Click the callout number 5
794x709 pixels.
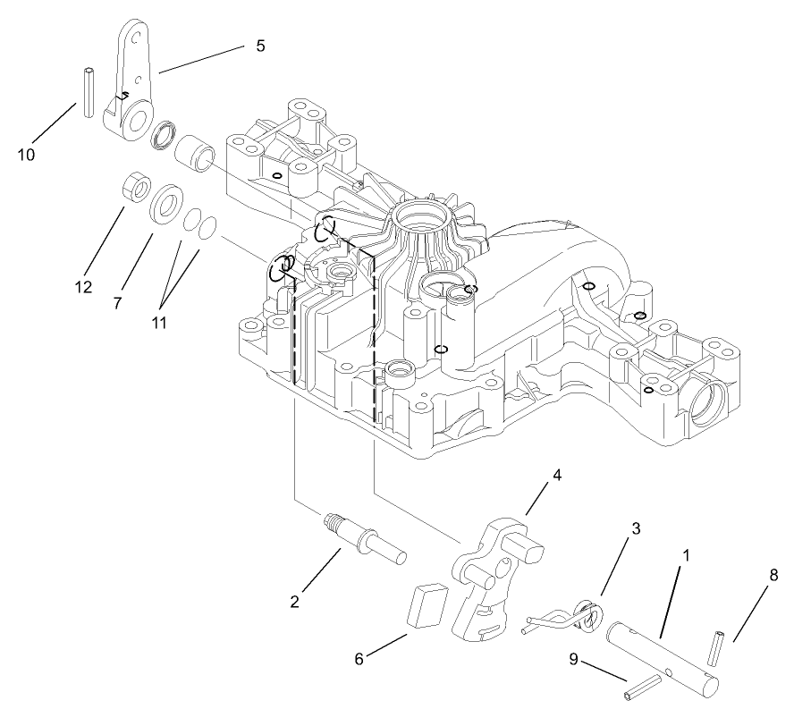click(260, 46)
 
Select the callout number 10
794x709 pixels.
click(26, 154)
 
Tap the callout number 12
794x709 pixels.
click(85, 287)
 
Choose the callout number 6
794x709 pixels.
click(359, 660)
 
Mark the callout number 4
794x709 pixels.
click(556, 476)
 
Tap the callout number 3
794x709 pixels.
click(636, 529)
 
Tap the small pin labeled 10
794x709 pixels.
click(89, 91)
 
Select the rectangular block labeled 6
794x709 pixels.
click(426, 605)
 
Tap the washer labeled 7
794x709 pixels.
click(167, 203)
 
